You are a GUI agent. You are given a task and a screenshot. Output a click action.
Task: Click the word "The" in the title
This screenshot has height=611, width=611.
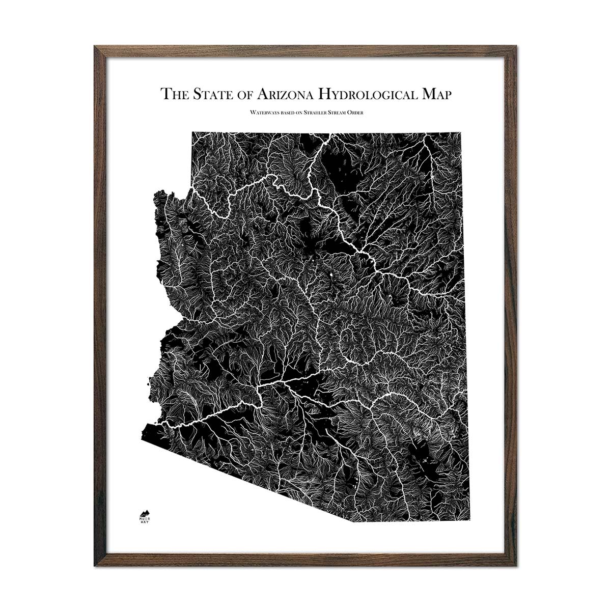172,94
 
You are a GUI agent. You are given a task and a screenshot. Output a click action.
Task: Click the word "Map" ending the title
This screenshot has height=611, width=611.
435,95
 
